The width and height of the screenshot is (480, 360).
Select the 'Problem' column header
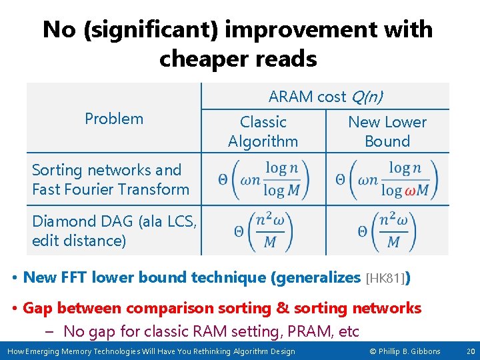click(114, 119)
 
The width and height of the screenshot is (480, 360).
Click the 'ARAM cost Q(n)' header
click(325, 97)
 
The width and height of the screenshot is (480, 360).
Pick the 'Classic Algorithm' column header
click(263, 131)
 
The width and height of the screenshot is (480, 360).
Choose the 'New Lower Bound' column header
click(387, 131)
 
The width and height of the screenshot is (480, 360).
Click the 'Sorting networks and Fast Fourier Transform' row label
click(111, 180)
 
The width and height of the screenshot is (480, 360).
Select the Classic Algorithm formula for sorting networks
click(263, 179)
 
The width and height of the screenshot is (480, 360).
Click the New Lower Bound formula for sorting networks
click(387, 179)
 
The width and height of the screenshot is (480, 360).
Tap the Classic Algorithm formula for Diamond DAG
click(263, 231)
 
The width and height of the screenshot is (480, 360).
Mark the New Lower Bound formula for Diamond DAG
click(387, 231)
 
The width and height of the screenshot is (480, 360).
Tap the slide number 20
click(470, 351)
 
